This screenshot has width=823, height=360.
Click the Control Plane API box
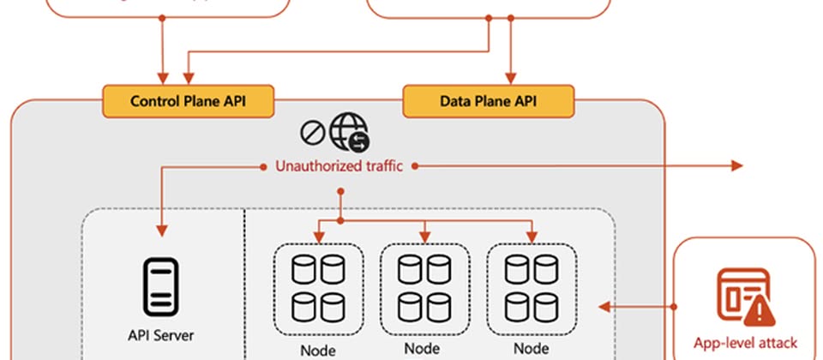[189, 101]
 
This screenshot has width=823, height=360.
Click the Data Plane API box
[489, 101]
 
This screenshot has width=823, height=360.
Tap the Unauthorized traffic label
[339, 166]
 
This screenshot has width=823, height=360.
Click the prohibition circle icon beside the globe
[311, 132]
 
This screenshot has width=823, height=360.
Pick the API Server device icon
[159, 285]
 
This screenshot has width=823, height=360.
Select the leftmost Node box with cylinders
[318, 288]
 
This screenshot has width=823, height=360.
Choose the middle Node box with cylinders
[424, 288]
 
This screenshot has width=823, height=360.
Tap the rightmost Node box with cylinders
[532, 288]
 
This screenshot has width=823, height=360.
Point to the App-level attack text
[745, 345]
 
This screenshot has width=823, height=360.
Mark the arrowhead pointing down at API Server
[160, 231]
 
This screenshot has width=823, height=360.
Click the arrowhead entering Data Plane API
[512, 78]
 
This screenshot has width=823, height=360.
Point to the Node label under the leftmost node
[318, 350]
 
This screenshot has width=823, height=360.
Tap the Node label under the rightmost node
[532, 349]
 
